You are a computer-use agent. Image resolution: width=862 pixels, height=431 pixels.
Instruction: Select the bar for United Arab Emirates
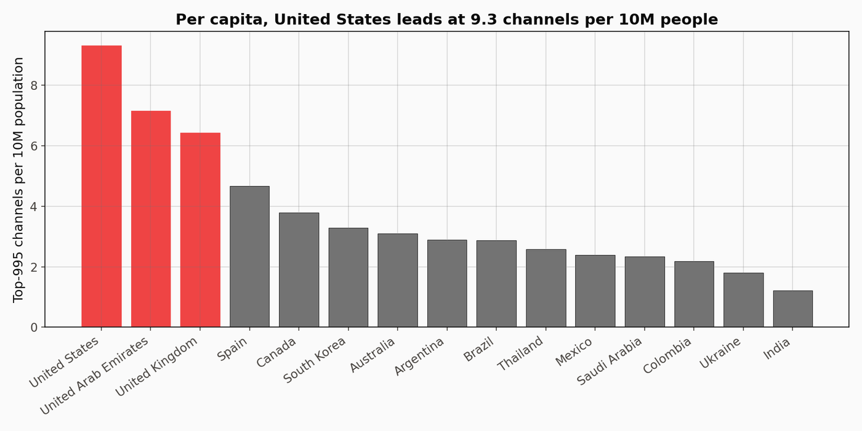151,219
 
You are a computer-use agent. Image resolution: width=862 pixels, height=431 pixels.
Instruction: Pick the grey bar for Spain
249,256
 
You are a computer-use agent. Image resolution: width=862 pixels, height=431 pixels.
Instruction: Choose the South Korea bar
348,277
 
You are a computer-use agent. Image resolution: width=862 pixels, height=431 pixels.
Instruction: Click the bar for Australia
398,280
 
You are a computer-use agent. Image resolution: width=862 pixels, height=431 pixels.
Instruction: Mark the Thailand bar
546,288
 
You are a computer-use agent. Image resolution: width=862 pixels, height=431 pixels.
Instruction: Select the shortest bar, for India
792,308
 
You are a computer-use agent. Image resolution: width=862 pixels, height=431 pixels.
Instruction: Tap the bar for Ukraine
743,300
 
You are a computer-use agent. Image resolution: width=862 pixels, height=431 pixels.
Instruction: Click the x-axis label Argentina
419,356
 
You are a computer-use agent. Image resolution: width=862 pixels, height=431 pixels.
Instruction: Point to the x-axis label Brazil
478,349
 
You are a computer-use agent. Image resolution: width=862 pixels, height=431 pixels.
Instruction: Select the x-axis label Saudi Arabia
610,361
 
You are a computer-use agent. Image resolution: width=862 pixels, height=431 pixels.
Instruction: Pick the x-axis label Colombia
668,355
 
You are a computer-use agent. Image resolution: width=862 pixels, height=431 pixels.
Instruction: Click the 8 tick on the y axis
34,85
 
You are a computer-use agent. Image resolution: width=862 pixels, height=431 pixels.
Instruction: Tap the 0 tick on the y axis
34,327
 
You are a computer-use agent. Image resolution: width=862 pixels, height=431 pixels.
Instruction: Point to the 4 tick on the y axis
34,206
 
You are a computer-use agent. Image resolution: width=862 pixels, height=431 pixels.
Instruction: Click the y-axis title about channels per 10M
18,179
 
